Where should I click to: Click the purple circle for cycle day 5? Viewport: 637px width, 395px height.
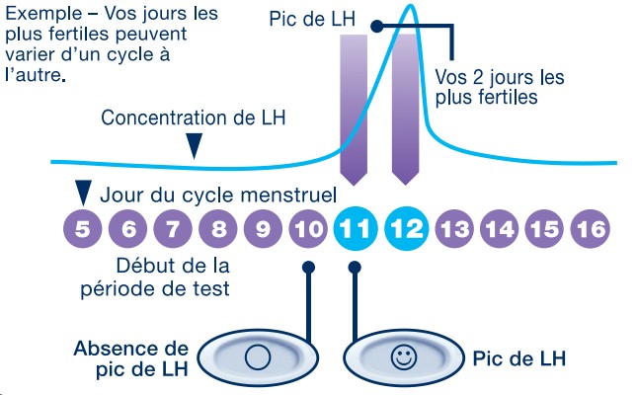pyautogui.click(x=83, y=231)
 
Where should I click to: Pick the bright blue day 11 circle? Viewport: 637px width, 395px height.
pyautogui.click(x=356, y=231)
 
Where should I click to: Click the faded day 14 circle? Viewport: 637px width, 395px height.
pyautogui.click(x=502, y=231)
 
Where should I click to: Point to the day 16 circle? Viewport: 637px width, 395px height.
pyautogui.click(x=590, y=231)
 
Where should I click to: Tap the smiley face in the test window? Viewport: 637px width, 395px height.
pyautogui.click(x=403, y=356)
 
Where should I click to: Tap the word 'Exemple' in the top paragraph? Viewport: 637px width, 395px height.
pyautogui.click(x=40, y=16)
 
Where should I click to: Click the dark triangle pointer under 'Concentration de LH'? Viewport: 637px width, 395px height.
pyautogui.click(x=196, y=146)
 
